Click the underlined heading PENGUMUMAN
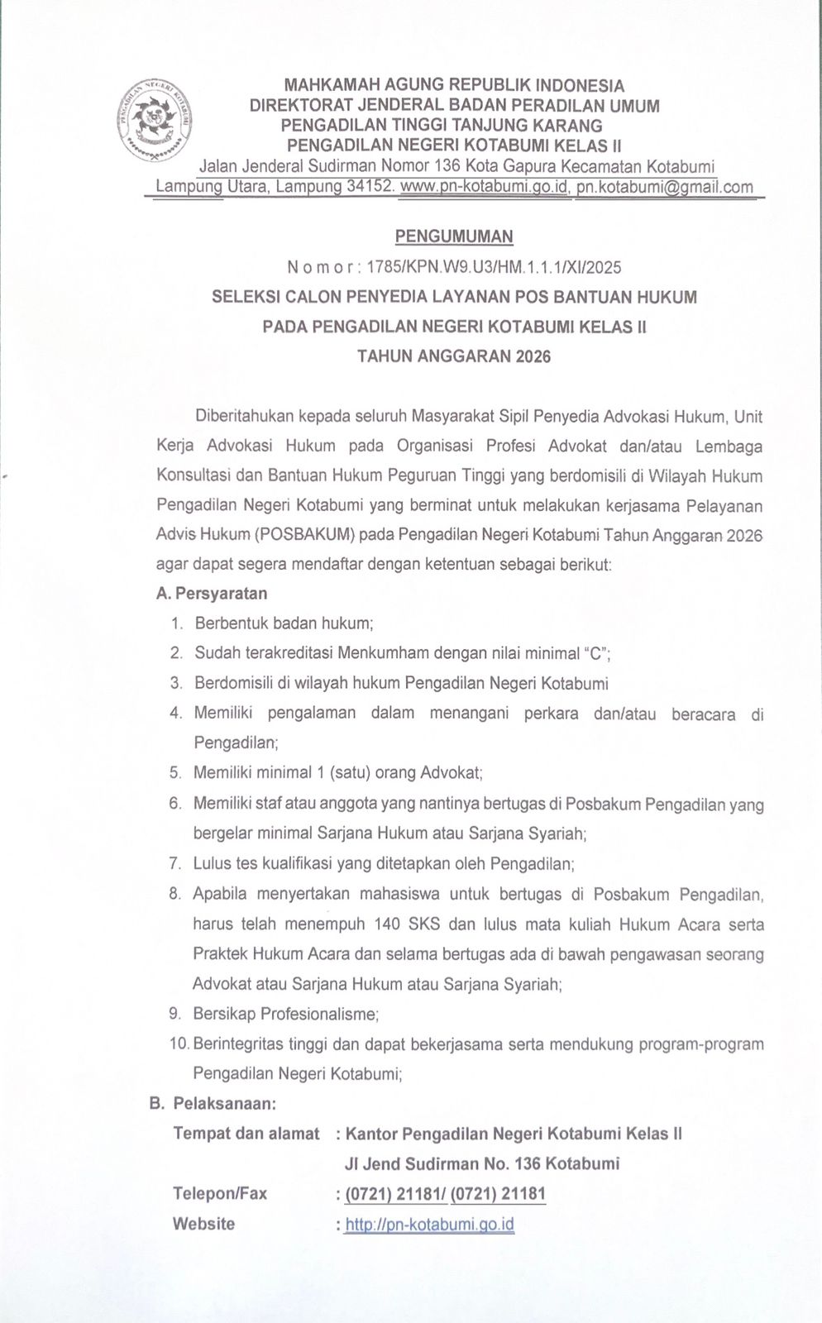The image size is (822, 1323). click(454, 236)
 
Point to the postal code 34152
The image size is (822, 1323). click(368, 187)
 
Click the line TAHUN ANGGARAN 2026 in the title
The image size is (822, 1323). click(454, 357)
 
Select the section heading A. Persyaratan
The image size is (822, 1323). click(212, 594)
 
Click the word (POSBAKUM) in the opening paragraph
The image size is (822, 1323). click(306, 535)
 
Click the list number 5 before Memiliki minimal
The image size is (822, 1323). click(175, 773)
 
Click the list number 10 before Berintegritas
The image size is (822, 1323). click(179, 1044)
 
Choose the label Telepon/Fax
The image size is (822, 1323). click(220, 1193)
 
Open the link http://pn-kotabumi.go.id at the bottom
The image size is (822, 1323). click(430, 1225)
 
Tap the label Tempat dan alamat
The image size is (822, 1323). click(246, 1134)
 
